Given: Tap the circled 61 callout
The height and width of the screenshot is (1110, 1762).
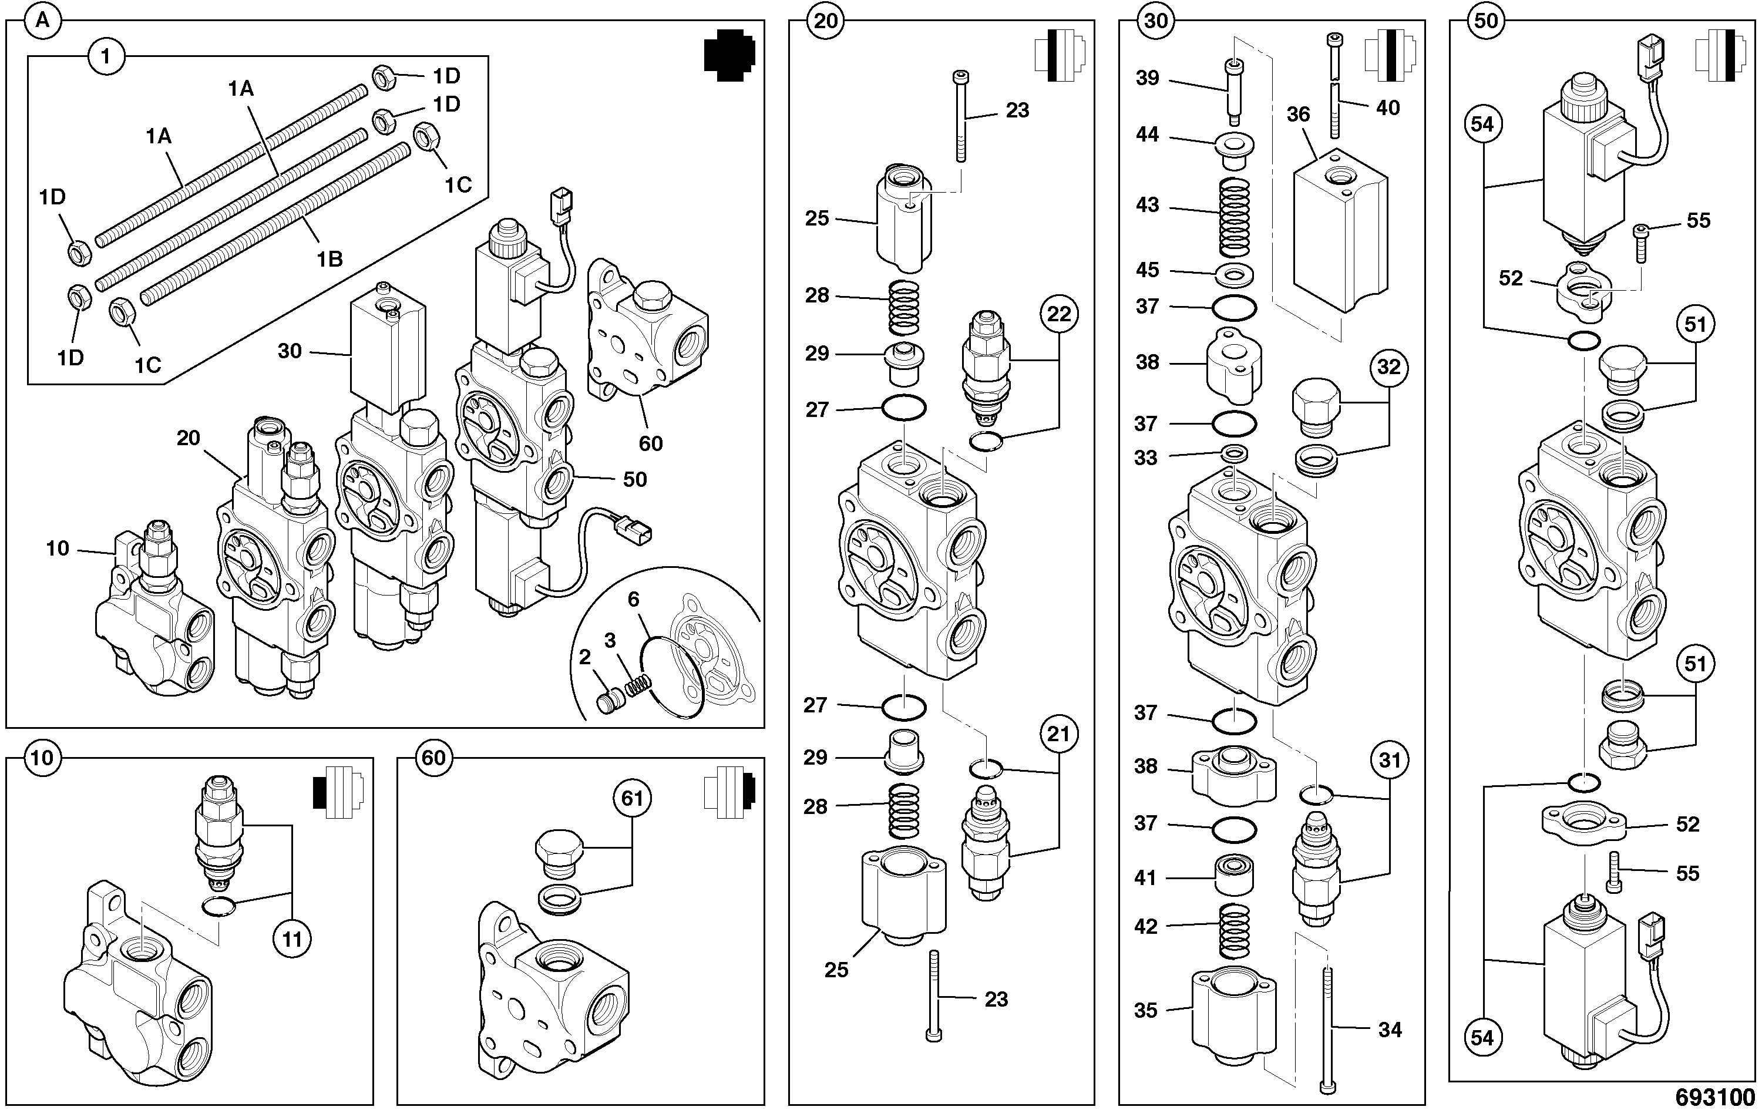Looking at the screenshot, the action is coord(632,798).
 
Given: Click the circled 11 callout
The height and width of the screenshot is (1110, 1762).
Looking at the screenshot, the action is coord(292,940).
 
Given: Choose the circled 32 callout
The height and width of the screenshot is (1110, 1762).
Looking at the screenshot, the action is coord(1389,366).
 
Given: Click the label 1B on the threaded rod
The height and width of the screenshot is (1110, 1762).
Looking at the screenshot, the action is coord(329,259).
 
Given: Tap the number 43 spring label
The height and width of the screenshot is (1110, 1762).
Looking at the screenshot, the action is coord(1147,205).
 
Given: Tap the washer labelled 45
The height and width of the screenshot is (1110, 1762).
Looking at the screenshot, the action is coord(1235,277).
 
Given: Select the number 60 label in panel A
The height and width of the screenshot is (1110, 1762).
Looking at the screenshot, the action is coord(651,443).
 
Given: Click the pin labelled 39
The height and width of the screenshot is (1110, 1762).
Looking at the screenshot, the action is coord(1233,93).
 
